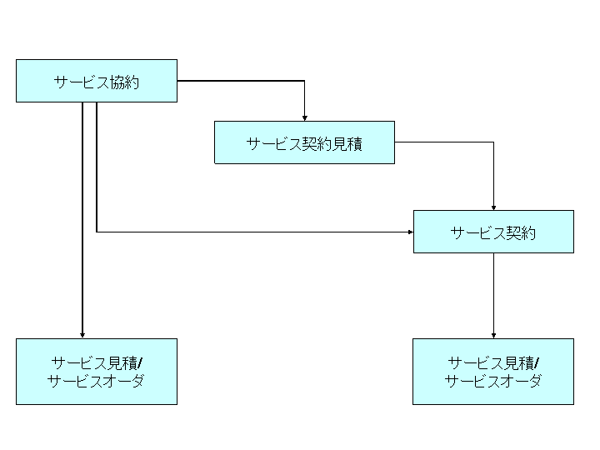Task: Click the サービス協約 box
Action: click(97, 81)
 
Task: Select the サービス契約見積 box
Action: click(304, 142)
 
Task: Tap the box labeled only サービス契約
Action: click(493, 232)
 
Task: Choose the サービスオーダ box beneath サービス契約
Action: click(493, 372)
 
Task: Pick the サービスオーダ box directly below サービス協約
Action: click(97, 372)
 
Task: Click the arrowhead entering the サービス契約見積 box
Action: click(305, 117)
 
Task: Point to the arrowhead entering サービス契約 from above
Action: click(493, 207)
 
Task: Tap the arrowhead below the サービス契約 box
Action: click(493, 335)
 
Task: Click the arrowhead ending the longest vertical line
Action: click(82, 335)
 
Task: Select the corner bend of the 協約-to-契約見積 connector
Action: click(305, 81)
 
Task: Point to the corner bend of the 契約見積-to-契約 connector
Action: click(493, 142)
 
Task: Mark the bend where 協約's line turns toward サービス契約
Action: click(97, 232)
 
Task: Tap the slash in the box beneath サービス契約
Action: click(537, 362)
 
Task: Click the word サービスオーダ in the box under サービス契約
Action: click(492, 382)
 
